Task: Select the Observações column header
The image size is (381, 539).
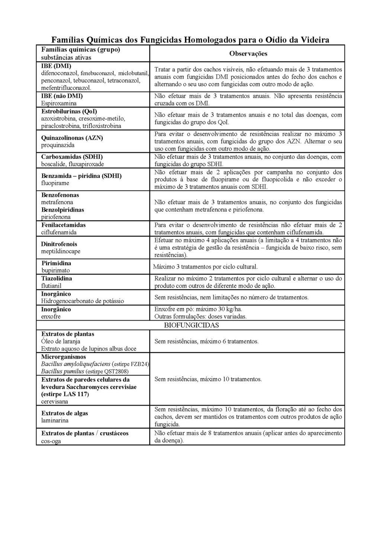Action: click(248, 54)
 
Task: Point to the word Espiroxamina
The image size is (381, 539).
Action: click(59, 103)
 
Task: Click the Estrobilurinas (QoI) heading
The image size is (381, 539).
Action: click(69, 111)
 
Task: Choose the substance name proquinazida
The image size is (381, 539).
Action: click(58, 145)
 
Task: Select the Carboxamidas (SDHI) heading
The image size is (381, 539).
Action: click(72, 157)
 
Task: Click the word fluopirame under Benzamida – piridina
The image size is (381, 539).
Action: click(55, 183)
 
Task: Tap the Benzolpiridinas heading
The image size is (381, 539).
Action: click(63, 209)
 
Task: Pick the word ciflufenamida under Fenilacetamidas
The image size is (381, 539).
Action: click(59, 232)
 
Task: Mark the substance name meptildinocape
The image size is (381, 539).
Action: click(61, 251)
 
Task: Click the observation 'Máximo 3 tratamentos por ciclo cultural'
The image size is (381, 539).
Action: click(205, 267)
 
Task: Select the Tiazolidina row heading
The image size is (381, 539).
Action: click(57, 278)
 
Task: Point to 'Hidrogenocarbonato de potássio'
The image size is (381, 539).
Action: click(82, 301)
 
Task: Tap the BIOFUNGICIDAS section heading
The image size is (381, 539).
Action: click(191, 325)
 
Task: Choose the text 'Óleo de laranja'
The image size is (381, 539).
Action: click(61, 341)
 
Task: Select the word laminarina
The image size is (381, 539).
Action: click(55, 420)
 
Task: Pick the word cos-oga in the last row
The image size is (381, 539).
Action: click(51, 441)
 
